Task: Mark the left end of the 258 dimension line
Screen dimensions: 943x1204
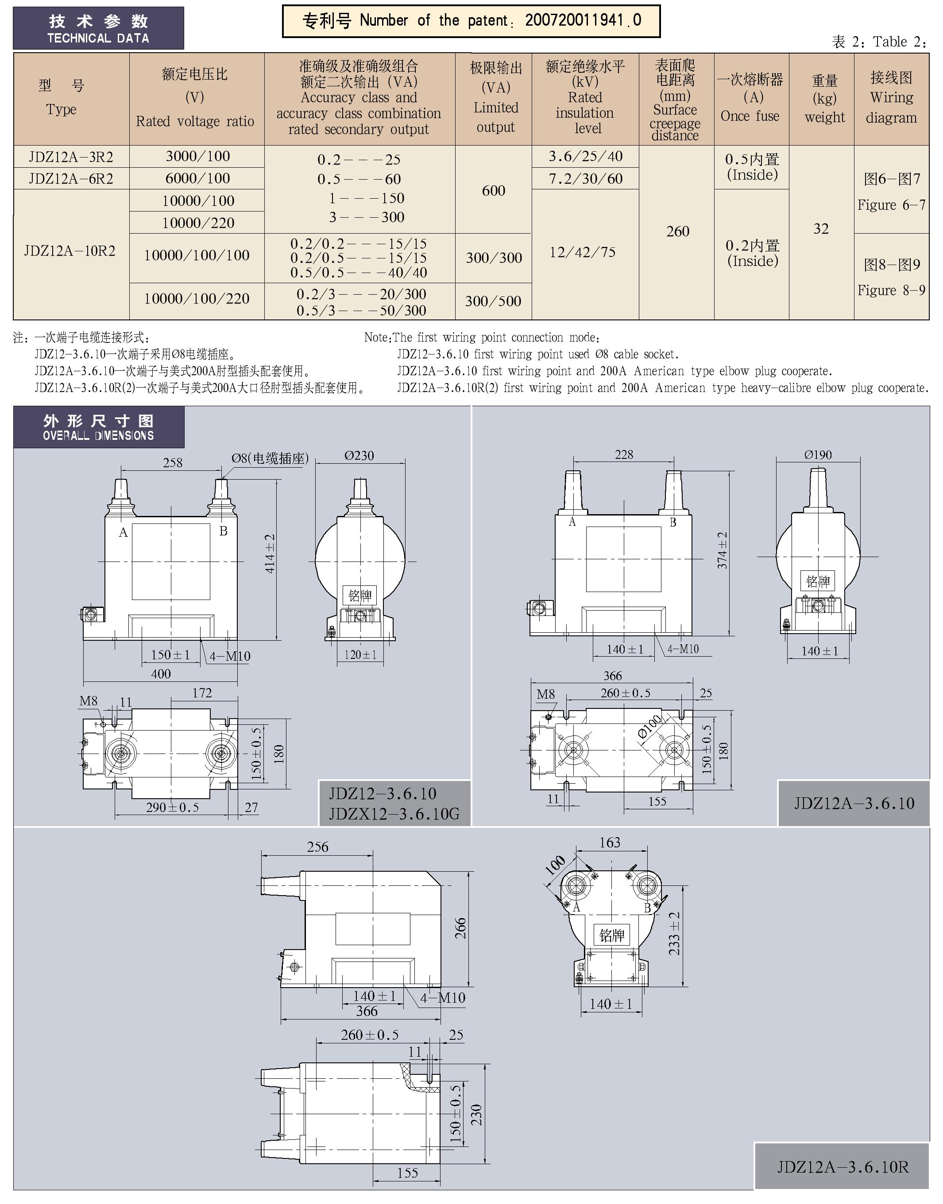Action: point(121,470)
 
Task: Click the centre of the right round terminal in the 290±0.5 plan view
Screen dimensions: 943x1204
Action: point(221,754)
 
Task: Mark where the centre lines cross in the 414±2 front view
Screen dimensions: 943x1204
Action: point(170,561)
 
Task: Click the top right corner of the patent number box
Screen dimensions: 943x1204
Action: point(660,5)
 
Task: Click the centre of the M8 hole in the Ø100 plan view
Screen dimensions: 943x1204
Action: point(548,717)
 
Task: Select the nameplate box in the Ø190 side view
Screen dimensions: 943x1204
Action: point(818,581)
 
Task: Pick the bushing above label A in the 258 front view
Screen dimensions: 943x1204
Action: point(121,496)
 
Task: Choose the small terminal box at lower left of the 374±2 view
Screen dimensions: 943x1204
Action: point(538,608)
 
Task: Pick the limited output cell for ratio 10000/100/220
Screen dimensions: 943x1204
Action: point(493,301)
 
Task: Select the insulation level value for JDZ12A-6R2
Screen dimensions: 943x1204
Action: point(585,179)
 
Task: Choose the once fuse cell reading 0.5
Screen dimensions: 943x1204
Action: point(752,167)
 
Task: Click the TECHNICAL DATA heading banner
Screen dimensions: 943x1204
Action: point(98,29)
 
